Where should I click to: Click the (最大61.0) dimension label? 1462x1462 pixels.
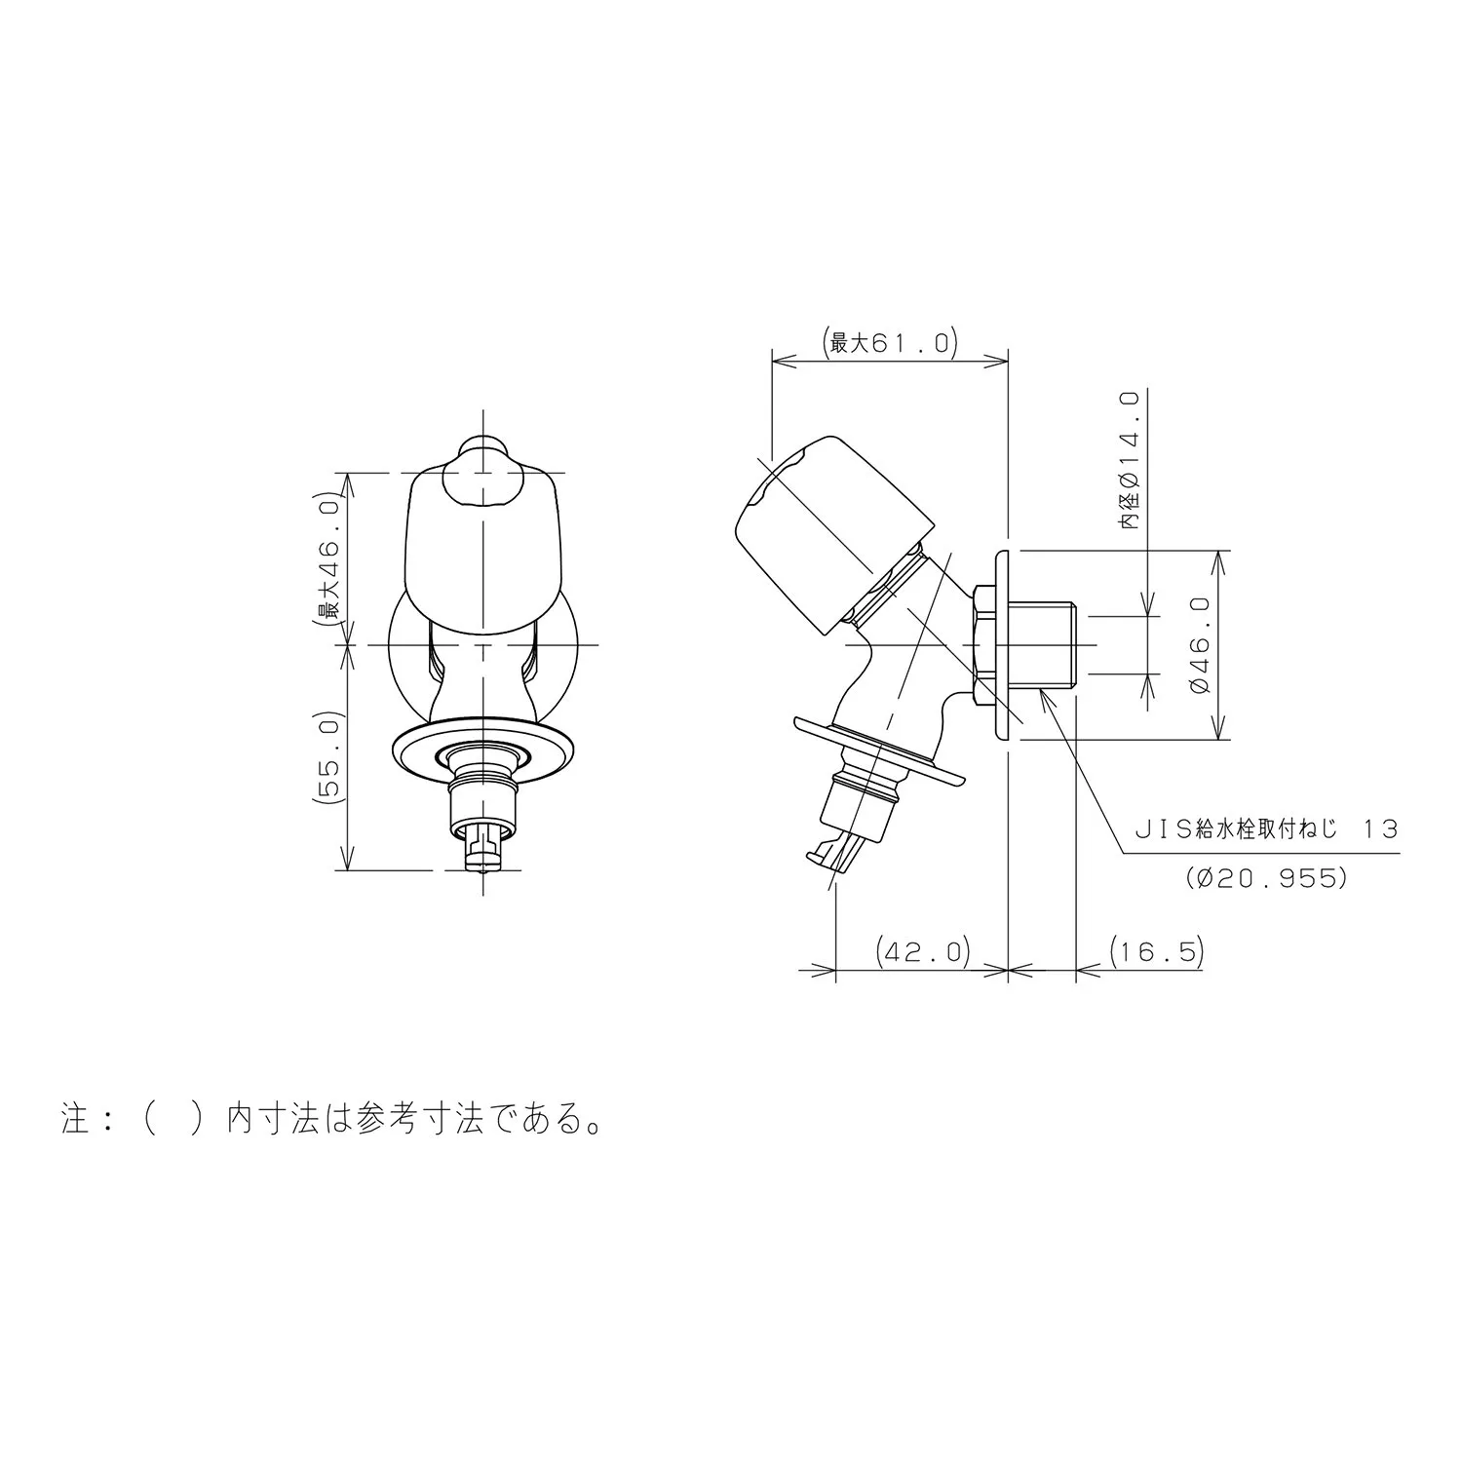coord(891,343)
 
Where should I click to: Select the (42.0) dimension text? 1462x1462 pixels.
coord(923,950)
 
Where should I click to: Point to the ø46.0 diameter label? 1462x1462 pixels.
coord(1200,644)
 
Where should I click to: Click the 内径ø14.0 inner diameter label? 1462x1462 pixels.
coord(1131,460)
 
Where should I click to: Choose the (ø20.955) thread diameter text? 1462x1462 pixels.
coord(1267,877)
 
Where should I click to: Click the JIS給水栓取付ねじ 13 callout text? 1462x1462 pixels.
coord(1266,829)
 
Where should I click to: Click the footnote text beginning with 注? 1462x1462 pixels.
coord(330,1119)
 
